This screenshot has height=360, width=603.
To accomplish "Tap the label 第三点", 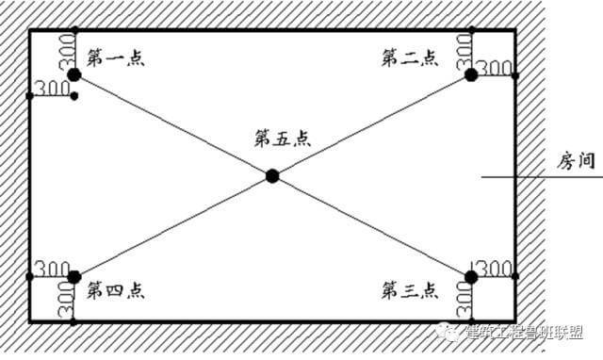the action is click(x=409, y=286).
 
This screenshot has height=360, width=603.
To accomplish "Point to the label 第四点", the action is click(x=115, y=286).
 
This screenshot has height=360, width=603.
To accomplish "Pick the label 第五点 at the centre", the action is click(x=283, y=138).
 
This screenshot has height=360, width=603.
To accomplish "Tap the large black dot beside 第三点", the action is click(x=471, y=276).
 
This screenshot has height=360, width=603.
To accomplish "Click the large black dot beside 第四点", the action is click(x=74, y=276).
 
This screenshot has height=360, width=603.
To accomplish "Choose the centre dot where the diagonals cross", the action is click(x=272, y=174).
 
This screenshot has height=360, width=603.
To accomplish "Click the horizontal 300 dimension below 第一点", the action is click(x=51, y=89).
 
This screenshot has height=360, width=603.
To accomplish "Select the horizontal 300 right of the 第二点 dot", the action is click(x=494, y=70).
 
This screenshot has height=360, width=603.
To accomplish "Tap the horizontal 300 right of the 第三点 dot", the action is click(x=496, y=268).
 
